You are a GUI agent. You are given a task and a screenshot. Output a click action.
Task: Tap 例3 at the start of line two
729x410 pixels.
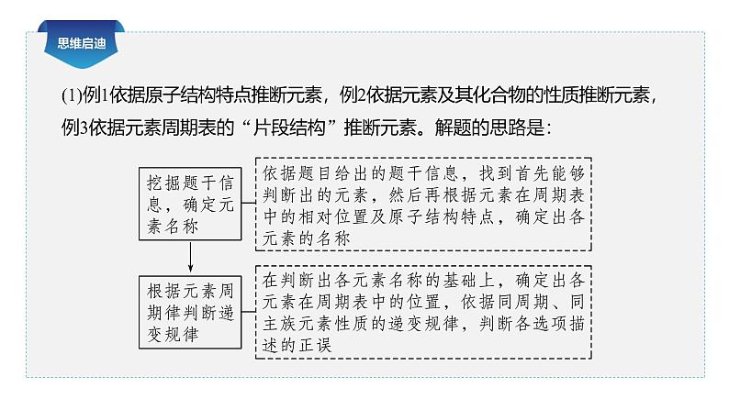click(x=73, y=127)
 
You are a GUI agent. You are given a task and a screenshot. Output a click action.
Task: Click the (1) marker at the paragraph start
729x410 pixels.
click(x=72, y=94)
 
